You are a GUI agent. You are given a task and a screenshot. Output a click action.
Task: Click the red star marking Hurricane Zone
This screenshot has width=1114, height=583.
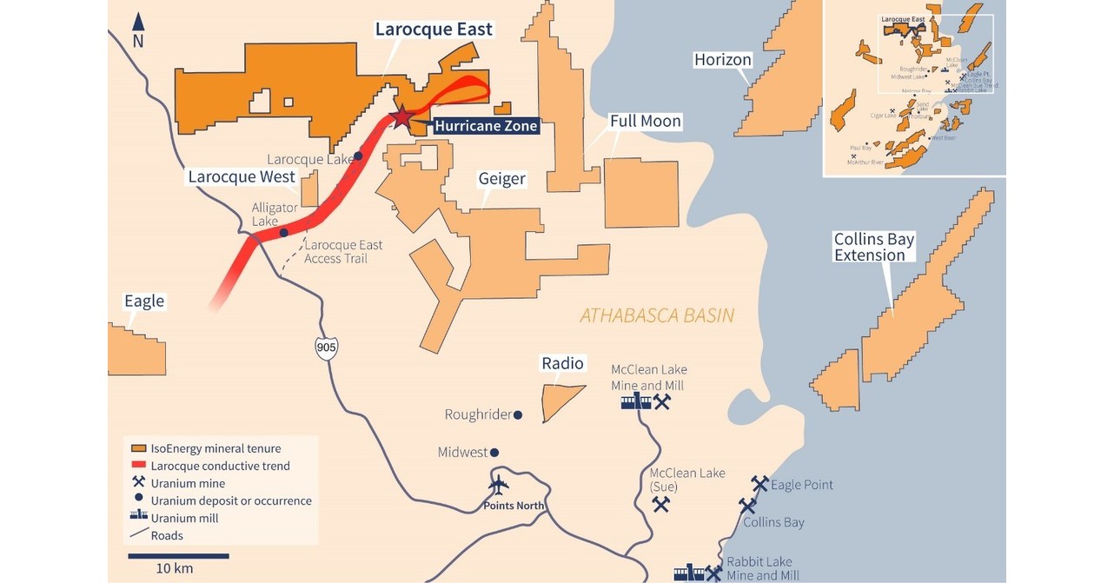click(x=401, y=116)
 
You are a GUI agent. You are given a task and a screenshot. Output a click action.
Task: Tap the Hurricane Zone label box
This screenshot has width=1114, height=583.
click(x=486, y=126)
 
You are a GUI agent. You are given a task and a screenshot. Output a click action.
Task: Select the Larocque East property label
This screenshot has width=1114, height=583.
click(x=434, y=30)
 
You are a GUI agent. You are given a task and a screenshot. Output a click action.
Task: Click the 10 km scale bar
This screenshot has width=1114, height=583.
click(x=178, y=555)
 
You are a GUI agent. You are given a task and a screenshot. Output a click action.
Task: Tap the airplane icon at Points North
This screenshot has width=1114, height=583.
click(x=499, y=485)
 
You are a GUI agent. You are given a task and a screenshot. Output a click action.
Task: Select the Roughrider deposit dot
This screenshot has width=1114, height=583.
click(x=518, y=415)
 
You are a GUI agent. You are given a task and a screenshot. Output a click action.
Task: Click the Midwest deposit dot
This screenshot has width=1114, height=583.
click(x=494, y=452)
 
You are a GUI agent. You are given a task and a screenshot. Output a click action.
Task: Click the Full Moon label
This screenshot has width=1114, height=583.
click(x=645, y=121)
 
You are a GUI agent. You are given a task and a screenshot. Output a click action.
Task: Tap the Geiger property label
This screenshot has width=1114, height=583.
click(x=501, y=179)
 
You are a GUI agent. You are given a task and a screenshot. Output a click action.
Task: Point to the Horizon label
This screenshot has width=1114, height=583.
click(x=722, y=59)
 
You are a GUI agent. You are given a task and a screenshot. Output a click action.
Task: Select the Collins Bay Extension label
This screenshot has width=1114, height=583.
click(x=873, y=247)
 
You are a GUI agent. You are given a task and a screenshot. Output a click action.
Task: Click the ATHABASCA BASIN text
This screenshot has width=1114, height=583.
click(x=657, y=315)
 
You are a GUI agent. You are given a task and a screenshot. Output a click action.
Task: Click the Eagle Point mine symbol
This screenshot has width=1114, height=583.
click(x=759, y=484)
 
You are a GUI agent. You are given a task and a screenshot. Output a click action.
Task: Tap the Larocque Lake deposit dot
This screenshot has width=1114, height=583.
click(x=358, y=157)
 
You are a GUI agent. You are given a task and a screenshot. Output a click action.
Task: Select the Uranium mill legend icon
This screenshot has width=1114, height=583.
click(x=137, y=518)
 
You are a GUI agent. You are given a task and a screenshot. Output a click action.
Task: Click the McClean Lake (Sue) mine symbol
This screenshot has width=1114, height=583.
click(x=661, y=503)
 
